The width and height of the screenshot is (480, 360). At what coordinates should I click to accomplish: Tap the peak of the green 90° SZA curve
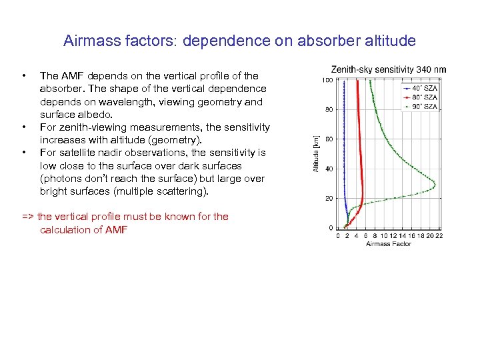click(x=435, y=182)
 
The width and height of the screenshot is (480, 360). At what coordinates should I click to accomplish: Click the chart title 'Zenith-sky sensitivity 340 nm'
click(x=389, y=69)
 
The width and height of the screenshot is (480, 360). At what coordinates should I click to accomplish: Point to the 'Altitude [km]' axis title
click(x=317, y=154)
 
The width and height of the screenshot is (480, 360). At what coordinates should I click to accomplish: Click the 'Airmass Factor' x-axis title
click(x=389, y=244)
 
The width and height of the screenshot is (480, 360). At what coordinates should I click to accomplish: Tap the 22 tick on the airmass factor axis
click(x=439, y=235)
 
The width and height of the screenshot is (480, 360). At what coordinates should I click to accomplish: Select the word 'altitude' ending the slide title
click(x=391, y=41)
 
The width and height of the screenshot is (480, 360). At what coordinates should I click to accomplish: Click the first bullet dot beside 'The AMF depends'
click(x=24, y=76)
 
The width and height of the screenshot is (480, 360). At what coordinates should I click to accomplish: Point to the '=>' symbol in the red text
click(x=28, y=217)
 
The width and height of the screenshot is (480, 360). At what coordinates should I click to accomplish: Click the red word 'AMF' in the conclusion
click(x=116, y=230)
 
